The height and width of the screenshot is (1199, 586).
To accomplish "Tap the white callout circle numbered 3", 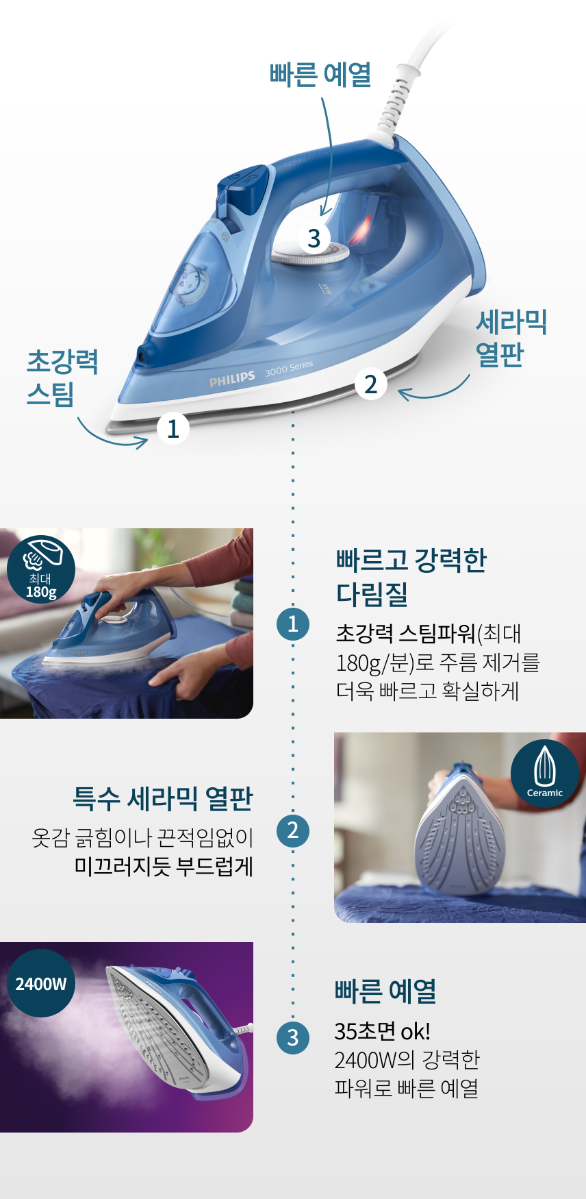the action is (314, 238).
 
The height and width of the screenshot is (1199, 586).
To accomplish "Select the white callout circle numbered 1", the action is (173, 428).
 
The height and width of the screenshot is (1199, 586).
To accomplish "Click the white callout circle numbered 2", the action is (371, 384).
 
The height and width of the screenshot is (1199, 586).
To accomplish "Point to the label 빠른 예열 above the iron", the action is (320, 74).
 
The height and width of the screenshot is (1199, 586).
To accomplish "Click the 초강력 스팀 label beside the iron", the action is (62, 378).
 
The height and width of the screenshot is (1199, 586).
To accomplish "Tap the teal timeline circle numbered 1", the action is (293, 623).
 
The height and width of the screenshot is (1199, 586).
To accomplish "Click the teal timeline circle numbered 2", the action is (293, 830).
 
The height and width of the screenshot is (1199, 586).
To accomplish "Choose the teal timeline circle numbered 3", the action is (293, 1037).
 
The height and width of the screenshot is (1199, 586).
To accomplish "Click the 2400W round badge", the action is (41, 983).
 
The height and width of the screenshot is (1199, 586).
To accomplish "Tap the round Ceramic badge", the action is (545, 774).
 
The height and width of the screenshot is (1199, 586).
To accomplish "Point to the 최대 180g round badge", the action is (41, 569).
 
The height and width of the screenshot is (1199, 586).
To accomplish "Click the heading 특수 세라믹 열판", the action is (163, 798).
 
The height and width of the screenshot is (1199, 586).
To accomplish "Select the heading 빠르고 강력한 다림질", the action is (411, 577).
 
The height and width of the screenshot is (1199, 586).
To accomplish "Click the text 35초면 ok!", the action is (382, 1031).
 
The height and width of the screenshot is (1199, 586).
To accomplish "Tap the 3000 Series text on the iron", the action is (289, 368).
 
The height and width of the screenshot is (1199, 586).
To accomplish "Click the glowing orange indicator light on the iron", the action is (361, 230).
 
